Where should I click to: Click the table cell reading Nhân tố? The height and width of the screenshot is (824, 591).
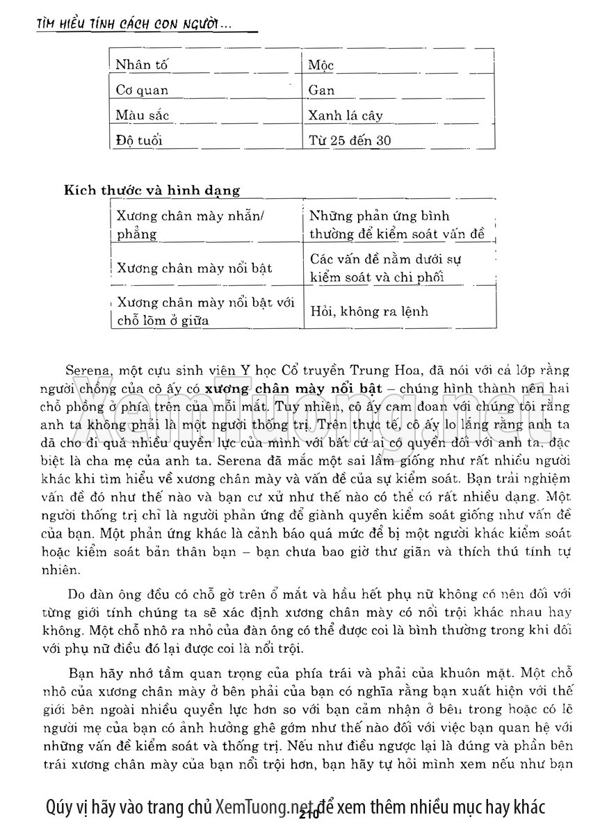(x=143, y=65)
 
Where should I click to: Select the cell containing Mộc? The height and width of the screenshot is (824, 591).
(x=322, y=65)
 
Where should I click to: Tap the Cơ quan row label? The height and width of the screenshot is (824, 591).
(x=143, y=90)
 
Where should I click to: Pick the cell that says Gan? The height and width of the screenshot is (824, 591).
(x=322, y=90)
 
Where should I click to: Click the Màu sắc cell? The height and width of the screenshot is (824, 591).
(x=143, y=115)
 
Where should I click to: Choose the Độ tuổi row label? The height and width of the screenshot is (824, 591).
(x=140, y=140)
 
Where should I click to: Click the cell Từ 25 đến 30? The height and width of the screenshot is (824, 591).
(x=350, y=140)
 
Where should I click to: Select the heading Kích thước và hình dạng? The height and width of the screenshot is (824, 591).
(x=152, y=189)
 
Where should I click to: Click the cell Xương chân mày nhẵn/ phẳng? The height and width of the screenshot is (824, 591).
(x=190, y=225)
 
